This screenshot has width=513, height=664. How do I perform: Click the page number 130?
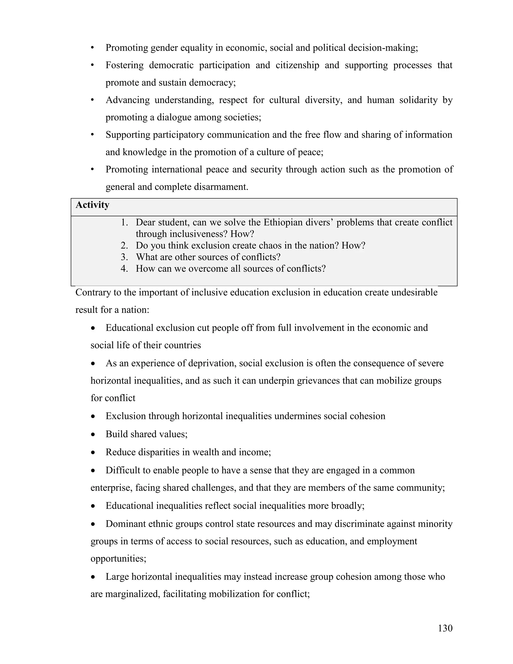click(x=445, y=628)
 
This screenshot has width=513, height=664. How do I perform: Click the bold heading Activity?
click(x=92, y=205)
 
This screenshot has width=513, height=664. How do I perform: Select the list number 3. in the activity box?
click(x=124, y=257)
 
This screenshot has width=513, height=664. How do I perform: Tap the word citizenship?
click(x=297, y=65)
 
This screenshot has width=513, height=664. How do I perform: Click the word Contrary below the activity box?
click(x=93, y=292)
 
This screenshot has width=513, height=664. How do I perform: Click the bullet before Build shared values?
click(x=93, y=435)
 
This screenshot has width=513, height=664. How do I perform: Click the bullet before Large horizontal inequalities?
click(x=93, y=577)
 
